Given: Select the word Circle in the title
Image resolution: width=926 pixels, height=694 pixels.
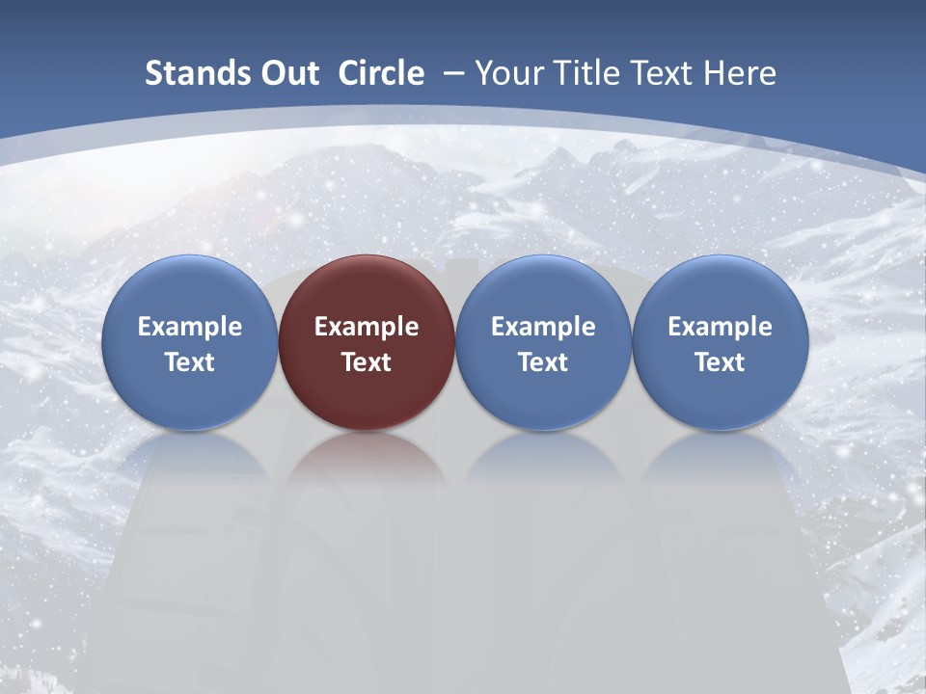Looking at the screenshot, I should click(381, 73).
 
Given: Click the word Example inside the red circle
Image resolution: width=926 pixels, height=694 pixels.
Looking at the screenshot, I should click(367, 327).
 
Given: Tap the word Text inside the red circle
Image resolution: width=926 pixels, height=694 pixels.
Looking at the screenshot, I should click(367, 362).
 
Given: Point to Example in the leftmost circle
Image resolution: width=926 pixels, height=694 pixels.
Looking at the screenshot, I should click(189, 327).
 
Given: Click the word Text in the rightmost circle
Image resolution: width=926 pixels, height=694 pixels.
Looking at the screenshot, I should click(721, 362).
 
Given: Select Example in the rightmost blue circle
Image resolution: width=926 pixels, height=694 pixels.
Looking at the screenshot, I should click(721, 327).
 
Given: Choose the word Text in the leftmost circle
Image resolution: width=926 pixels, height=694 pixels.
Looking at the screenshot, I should click(189, 362).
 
